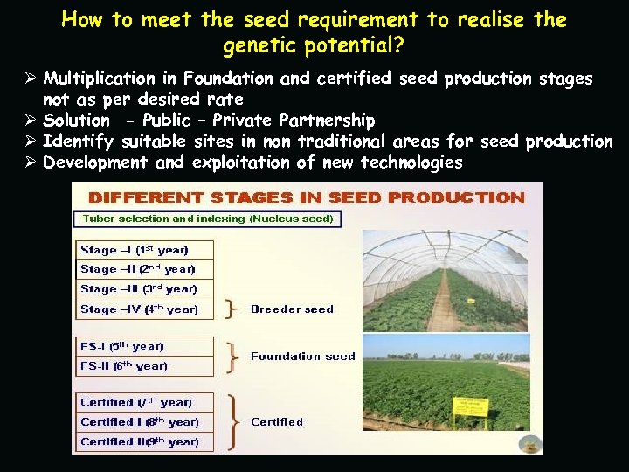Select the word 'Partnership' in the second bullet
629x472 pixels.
pos(326,121)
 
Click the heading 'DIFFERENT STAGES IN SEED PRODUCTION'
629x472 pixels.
pos(305,198)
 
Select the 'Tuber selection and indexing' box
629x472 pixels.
pos(208,219)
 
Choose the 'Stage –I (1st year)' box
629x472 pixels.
pos(134,250)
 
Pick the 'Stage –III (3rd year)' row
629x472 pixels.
pos(138,288)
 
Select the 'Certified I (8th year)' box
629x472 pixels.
pos(139,422)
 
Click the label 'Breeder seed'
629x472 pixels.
pos(292,309)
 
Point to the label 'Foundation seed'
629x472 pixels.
pos(302,357)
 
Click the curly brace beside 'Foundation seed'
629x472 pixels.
pos(232,357)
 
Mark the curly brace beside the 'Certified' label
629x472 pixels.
pos(233,421)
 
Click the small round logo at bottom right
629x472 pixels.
pos(528,444)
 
